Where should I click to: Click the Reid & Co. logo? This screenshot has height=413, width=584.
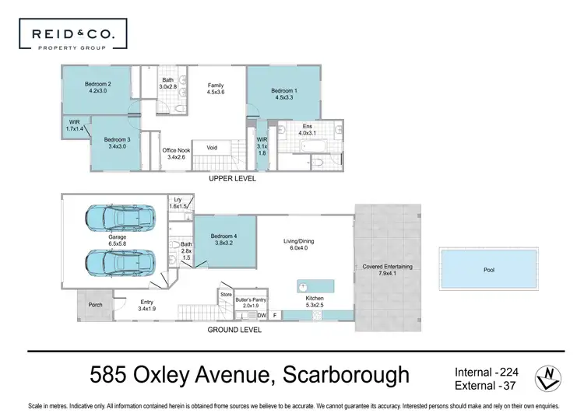pyautogui.click(x=72, y=37)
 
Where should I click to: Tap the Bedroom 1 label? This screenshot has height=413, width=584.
pyautogui.click(x=283, y=94)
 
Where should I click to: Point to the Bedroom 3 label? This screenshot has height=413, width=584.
pyautogui.click(x=117, y=142)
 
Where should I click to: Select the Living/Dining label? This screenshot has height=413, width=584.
pyautogui.click(x=300, y=245)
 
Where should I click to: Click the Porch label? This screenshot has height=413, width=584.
pyautogui.click(x=96, y=305)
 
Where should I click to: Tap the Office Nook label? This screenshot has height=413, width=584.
pyautogui.click(x=176, y=153)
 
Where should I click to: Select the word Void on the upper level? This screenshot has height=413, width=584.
pyautogui.click(x=211, y=148)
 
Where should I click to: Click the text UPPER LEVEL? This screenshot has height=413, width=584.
pyautogui.click(x=232, y=179)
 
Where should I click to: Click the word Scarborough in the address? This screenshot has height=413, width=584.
pyautogui.click(x=343, y=376)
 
